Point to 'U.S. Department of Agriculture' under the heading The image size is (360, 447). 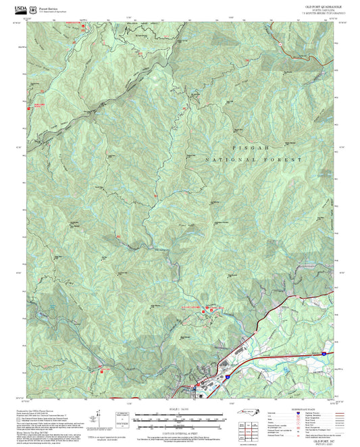pyautogui.click(x=51, y=8)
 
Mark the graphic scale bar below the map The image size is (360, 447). pyautogui.click(x=177, y=419)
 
